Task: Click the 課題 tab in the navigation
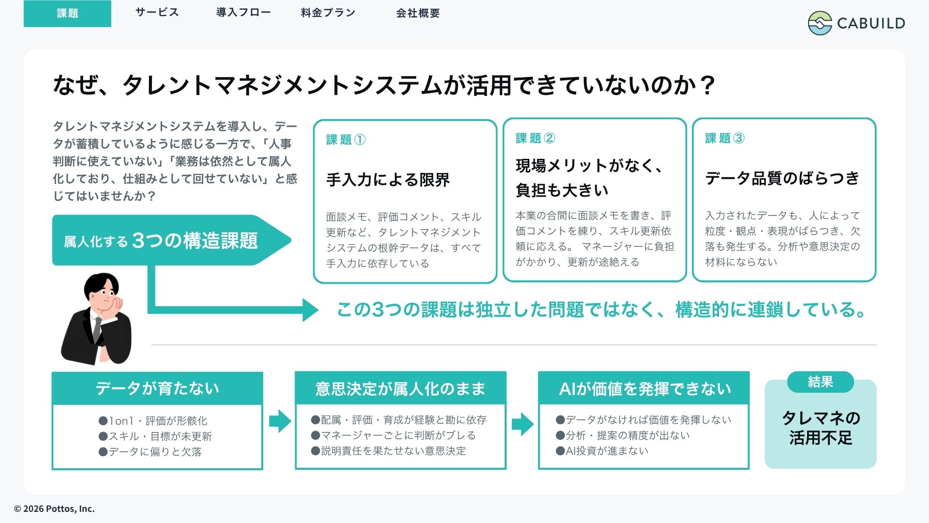coord(67,14)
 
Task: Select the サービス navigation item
coord(157,13)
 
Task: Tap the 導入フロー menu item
coord(243,13)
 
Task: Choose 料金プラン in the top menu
coord(328,13)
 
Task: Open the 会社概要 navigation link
coord(418,13)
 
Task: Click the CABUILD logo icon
coord(820,23)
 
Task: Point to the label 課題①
coord(346,139)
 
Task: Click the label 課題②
coord(535,138)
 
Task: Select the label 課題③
coord(725,138)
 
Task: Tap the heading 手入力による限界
coord(388,180)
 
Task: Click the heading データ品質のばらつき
coord(782,178)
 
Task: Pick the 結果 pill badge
coord(821,382)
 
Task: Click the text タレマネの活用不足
coord(821,428)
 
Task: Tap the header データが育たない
coord(157,388)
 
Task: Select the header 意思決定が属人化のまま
coord(401,388)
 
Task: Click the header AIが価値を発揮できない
coord(644,388)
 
